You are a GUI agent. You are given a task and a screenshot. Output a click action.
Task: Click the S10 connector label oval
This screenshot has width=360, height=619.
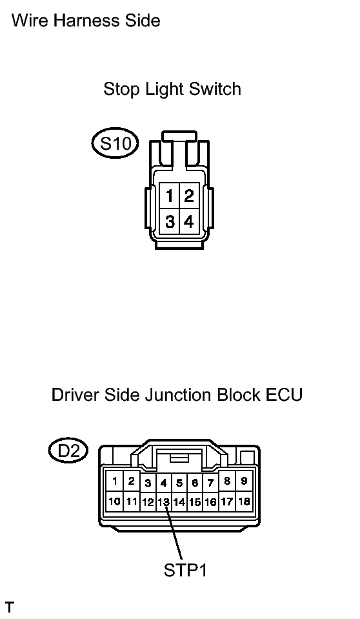(x=115, y=143)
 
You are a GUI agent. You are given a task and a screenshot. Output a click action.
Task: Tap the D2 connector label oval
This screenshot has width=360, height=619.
(x=68, y=451)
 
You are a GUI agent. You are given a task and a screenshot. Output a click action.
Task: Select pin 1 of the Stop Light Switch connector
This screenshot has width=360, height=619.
(x=169, y=196)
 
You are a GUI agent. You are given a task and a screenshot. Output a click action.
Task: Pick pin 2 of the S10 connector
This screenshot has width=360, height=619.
(x=189, y=196)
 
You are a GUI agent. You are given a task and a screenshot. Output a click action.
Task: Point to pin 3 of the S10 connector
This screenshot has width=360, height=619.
(x=169, y=221)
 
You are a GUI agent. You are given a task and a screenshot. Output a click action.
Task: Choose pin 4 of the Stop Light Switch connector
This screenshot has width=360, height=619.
(x=189, y=221)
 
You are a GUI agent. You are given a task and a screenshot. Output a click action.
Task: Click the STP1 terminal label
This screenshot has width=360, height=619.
(x=185, y=570)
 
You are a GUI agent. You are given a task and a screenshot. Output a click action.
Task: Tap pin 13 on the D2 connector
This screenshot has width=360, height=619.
(x=164, y=502)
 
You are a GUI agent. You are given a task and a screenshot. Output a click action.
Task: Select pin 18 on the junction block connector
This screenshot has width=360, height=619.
(x=244, y=502)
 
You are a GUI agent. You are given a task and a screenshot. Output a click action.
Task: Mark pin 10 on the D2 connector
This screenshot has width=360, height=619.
(x=114, y=502)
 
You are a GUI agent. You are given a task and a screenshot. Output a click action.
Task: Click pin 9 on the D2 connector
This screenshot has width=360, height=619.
(x=244, y=481)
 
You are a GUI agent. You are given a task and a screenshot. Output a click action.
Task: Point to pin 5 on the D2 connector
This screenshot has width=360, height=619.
(x=179, y=482)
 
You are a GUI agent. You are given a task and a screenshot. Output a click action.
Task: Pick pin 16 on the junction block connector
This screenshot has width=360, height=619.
(x=211, y=502)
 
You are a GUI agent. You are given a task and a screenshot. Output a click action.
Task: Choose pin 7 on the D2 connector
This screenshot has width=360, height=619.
(x=211, y=482)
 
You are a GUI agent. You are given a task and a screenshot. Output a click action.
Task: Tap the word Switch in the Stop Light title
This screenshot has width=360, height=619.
(x=215, y=89)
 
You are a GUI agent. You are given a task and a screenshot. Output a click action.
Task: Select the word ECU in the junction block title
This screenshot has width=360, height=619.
(x=285, y=395)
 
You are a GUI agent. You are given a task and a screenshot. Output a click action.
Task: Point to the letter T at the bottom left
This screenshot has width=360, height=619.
(x=10, y=607)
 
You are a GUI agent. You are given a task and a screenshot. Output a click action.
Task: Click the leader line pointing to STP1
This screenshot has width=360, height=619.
(x=174, y=533)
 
